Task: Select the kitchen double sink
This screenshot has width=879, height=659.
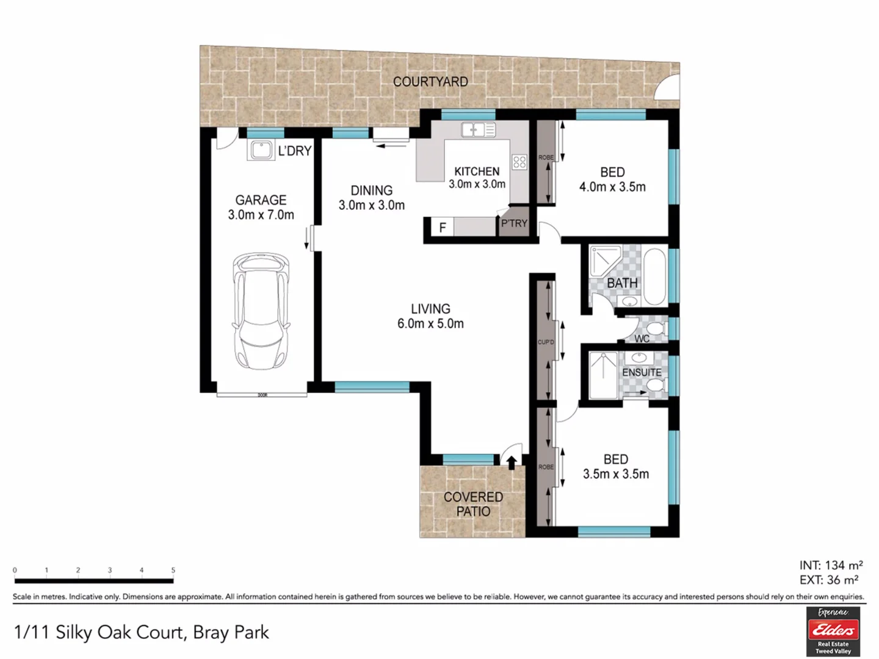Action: [479, 129]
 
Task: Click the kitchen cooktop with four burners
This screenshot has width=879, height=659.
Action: [519, 162]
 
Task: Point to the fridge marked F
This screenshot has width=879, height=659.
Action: [443, 228]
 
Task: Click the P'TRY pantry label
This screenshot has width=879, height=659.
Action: [514, 223]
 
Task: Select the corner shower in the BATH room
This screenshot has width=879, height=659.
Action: [604, 261]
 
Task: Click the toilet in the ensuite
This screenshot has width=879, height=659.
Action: [655, 385]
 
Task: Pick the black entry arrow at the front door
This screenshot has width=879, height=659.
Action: [512, 463]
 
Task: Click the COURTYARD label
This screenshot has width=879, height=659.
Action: [430, 82]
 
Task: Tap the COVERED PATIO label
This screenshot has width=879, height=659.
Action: [473, 504]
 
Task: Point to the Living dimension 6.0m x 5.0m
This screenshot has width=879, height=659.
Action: [430, 324]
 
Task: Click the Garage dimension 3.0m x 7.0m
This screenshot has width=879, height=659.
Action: [261, 215]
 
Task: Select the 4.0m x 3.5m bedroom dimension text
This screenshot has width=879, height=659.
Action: [612, 187]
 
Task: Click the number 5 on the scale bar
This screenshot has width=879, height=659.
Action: [173, 570]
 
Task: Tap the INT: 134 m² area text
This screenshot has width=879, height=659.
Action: [831, 566]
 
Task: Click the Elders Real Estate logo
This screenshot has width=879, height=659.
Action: [833, 632]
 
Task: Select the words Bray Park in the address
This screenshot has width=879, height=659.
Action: [231, 632]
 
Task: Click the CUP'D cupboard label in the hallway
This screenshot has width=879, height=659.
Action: [545, 342]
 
